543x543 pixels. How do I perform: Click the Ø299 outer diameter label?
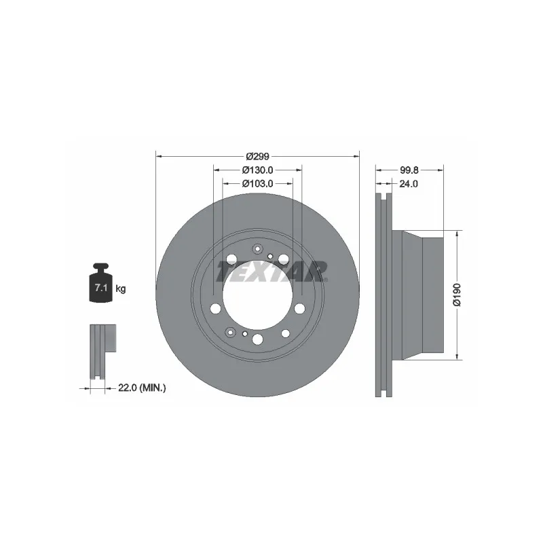(257, 157)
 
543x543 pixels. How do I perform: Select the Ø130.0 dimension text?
(257, 170)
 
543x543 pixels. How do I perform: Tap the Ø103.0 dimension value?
(257, 183)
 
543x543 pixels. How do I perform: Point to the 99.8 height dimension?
(409, 170)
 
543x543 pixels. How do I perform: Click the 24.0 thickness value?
(409, 184)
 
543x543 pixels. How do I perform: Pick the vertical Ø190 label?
(457, 295)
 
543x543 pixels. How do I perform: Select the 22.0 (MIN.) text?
(142, 388)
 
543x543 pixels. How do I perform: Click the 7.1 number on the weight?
(100, 287)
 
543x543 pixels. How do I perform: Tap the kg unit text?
(121, 288)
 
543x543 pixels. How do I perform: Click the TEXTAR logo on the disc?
(272, 271)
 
